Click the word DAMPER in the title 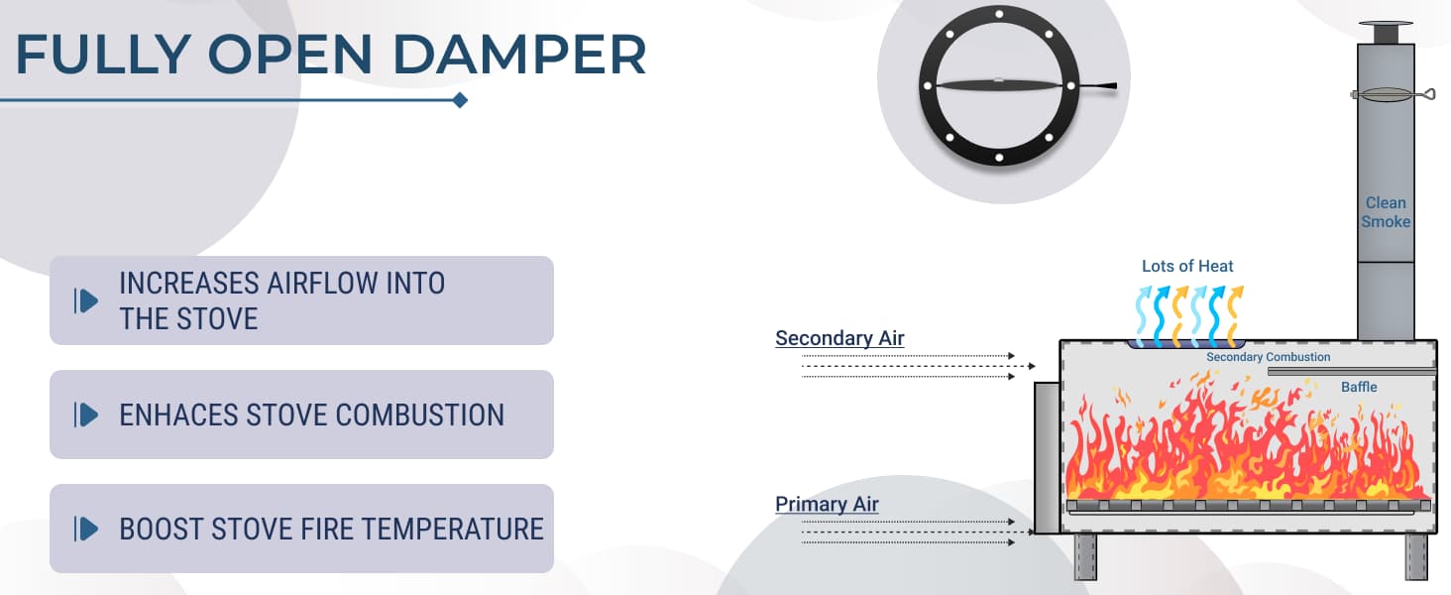click(519, 54)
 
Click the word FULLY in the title click(103, 54)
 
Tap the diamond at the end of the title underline click(460, 100)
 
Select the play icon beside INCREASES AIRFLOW click(86, 300)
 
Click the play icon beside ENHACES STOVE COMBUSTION click(86, 415)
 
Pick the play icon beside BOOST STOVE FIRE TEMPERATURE click(86, 529)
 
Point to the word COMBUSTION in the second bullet click(420, 415)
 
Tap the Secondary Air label click(839, 338)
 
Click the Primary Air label click(827, 504)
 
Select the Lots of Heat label click(1187, 266)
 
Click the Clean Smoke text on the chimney click(1386, 212)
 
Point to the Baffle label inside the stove click(1359, 387)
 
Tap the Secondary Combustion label click(1269, 357)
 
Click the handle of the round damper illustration click(1096, 86)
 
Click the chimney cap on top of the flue click(1386, 33)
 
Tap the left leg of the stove click(1085, 556)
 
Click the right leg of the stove click(1416, 556)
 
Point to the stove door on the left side click(1047, 457)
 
